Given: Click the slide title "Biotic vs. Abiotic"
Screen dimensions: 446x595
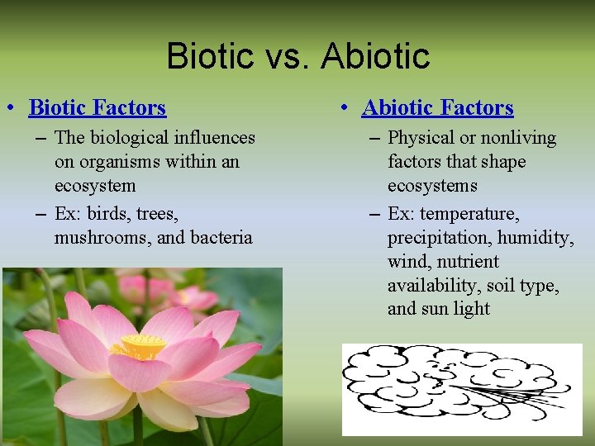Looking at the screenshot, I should [x=297, y=56].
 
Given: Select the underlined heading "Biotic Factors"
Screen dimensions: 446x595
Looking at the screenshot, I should [x=98, y=108].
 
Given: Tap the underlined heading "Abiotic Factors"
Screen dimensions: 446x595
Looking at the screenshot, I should [x=438, y=108].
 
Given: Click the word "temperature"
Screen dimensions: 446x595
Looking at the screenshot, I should [x=470, y=214].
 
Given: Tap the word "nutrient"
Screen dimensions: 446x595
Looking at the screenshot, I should [x=468, y=262].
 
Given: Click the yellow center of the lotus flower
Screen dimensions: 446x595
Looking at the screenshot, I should [x=138, y=346].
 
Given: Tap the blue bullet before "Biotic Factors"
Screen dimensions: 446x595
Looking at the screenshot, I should [x=10, y=108].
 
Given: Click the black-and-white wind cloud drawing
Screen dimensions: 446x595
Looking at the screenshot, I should [x=462, y=389].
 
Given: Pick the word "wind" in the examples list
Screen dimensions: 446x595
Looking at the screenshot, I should [x=405, y=262].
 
